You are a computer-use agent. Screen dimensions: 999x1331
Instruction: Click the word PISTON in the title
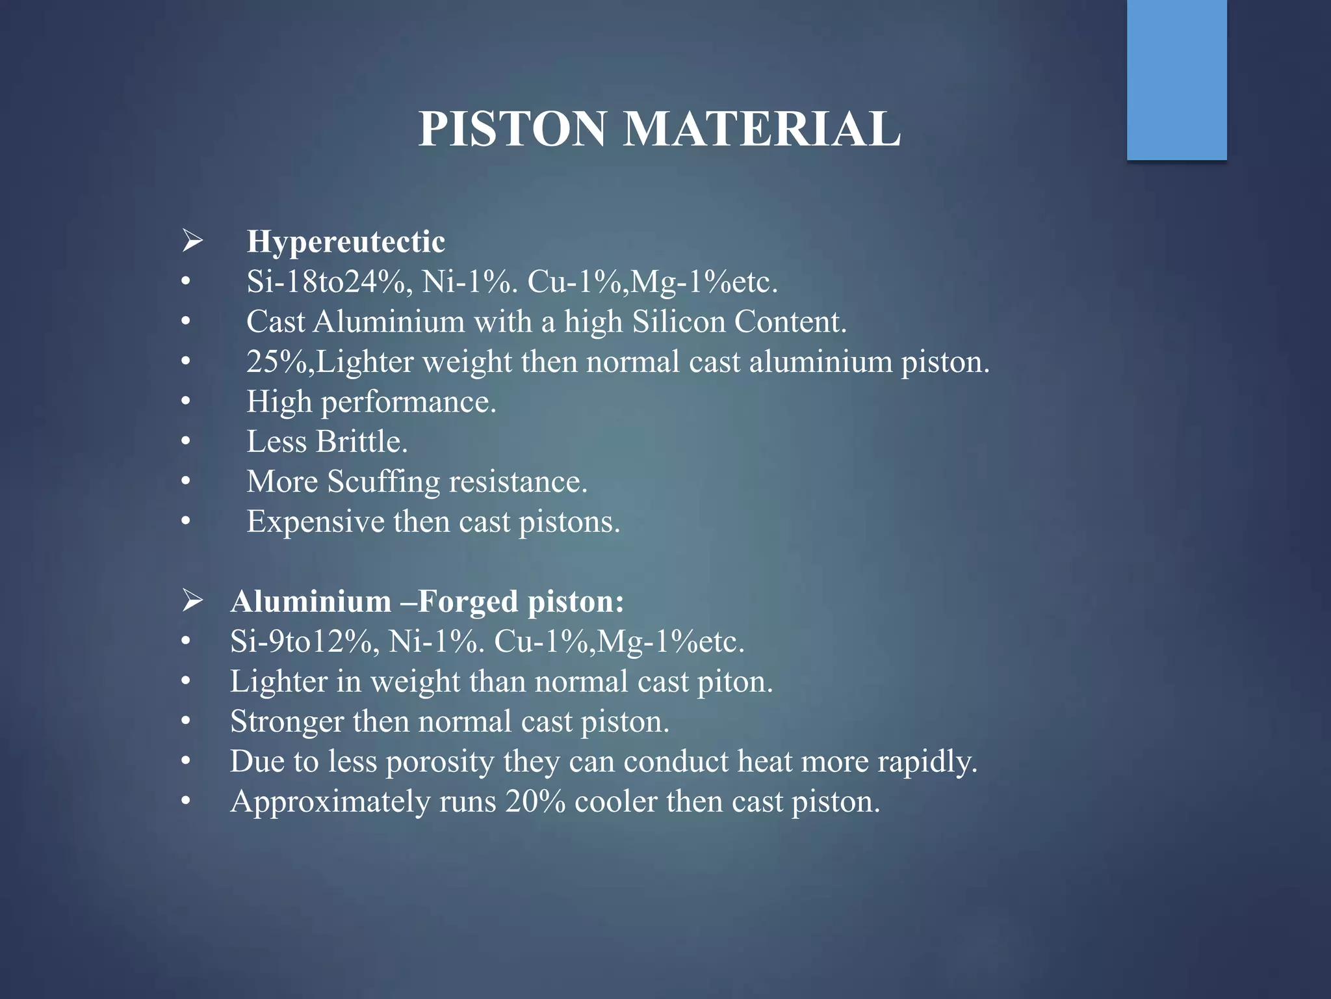(x=512, y=129)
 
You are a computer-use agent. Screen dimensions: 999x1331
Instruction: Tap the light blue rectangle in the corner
(x=1176, y=79)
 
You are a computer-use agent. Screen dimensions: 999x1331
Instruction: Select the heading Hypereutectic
(x=346, y=242)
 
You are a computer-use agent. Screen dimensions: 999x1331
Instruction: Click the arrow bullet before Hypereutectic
(x=192, y=241)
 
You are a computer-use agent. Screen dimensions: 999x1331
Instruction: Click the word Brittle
(x=361, y=442)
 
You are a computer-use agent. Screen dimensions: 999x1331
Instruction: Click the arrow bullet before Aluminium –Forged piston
(x=192, y=600)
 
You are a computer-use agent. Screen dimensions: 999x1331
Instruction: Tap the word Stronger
(x=287, y=722)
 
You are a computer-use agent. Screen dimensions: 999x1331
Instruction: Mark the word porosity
(x=440, y=762)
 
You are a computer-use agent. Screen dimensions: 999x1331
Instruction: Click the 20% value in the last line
(x=535, y=802)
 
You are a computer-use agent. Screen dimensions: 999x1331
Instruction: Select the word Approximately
(x=330, y=802)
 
